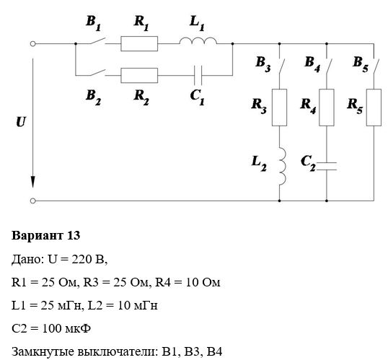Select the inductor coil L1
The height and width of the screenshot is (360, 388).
coord(198,41)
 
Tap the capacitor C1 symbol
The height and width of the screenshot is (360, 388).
coord(198,75)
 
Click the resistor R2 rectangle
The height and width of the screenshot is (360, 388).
coord(139,75)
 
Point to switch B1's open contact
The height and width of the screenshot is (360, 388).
coord(98,40)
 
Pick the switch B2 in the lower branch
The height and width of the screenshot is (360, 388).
coord(98,72)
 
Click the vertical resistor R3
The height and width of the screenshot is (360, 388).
coord(279,107)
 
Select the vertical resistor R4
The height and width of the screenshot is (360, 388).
coord(327,107)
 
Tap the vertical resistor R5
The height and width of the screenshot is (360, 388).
coord(374,107)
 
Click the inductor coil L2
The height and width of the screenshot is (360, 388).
coord(283,167)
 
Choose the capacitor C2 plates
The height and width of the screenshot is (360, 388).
coord(327,167)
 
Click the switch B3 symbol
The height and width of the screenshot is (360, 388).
coord(281,66)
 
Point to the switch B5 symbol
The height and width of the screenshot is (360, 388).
coord(376,66)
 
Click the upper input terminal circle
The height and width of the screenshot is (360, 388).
coord(32,44)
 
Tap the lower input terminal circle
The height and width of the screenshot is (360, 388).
coord(32,201)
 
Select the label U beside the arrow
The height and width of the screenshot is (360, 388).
coord(21,122)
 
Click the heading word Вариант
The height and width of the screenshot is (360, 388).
coord(37,235)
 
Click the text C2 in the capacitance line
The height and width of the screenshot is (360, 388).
coord(19,328)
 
